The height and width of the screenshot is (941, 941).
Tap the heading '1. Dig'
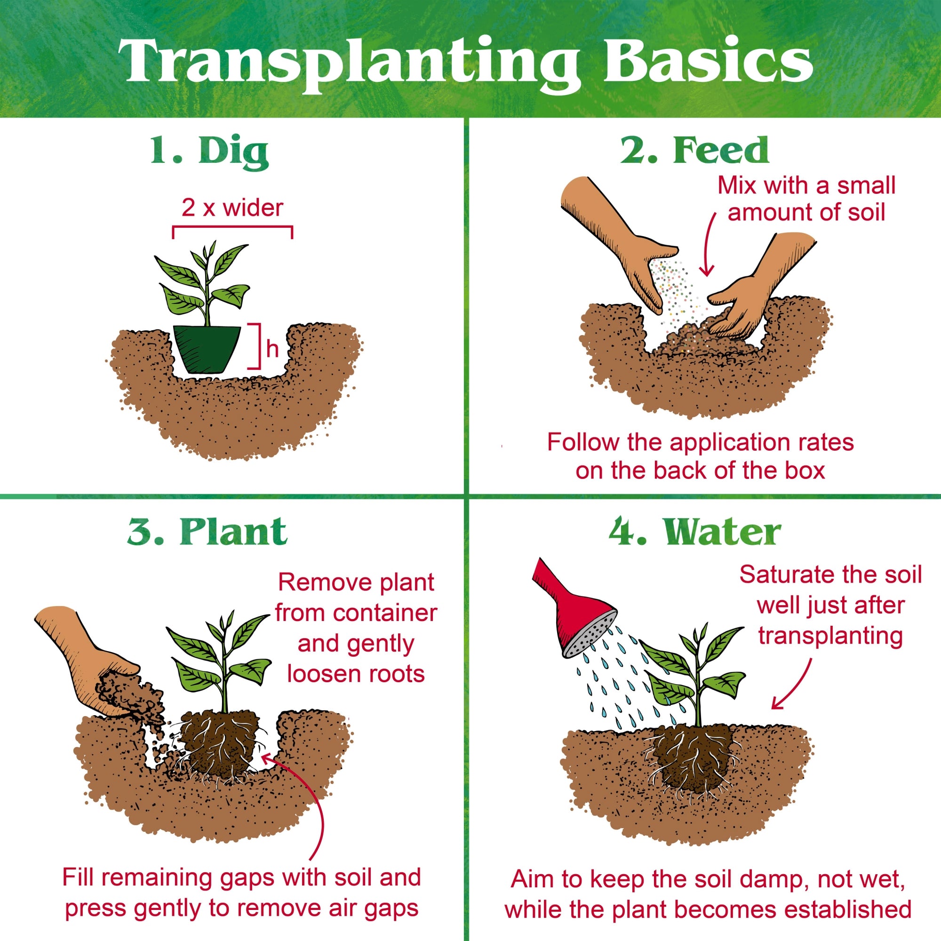pyautogui.click(x=209, y=152)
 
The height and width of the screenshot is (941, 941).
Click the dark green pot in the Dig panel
pyautogui.click(x=207, y=349)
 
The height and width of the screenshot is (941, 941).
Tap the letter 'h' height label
pyautogui.click(x=272, y=349)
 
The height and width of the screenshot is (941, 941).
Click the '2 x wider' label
pyautogui.click(x=232, y=208)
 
